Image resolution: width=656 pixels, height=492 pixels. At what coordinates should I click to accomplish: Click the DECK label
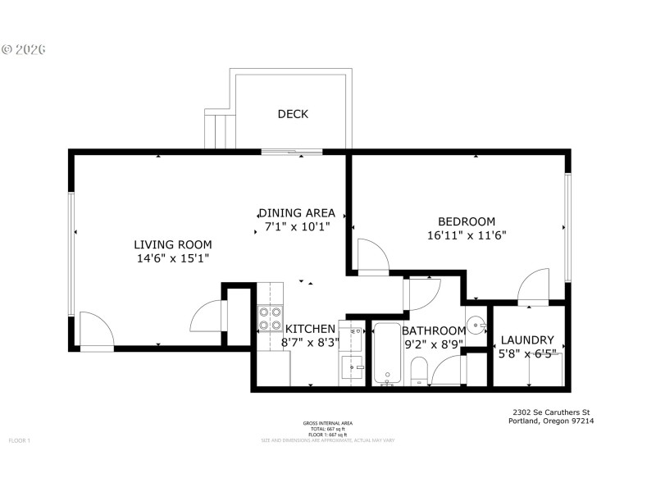293,114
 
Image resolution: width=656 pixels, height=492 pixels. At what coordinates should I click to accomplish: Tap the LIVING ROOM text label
173,244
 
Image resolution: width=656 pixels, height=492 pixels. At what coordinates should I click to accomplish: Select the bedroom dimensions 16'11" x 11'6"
467,235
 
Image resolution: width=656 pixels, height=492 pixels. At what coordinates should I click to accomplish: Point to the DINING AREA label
296,212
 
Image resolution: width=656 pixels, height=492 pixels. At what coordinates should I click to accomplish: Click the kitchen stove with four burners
271,317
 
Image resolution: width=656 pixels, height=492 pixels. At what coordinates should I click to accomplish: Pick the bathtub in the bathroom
386,354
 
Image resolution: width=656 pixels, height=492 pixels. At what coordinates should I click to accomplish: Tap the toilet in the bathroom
418,371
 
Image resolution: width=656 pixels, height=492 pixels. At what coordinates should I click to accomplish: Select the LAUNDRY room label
527,340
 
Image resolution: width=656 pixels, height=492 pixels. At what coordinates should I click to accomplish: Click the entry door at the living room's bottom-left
96,330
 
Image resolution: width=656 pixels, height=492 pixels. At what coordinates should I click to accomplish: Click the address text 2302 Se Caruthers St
551,412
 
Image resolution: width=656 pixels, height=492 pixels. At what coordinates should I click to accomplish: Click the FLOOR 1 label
20,440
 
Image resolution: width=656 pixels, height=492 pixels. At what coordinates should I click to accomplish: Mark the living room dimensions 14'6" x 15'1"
173,258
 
